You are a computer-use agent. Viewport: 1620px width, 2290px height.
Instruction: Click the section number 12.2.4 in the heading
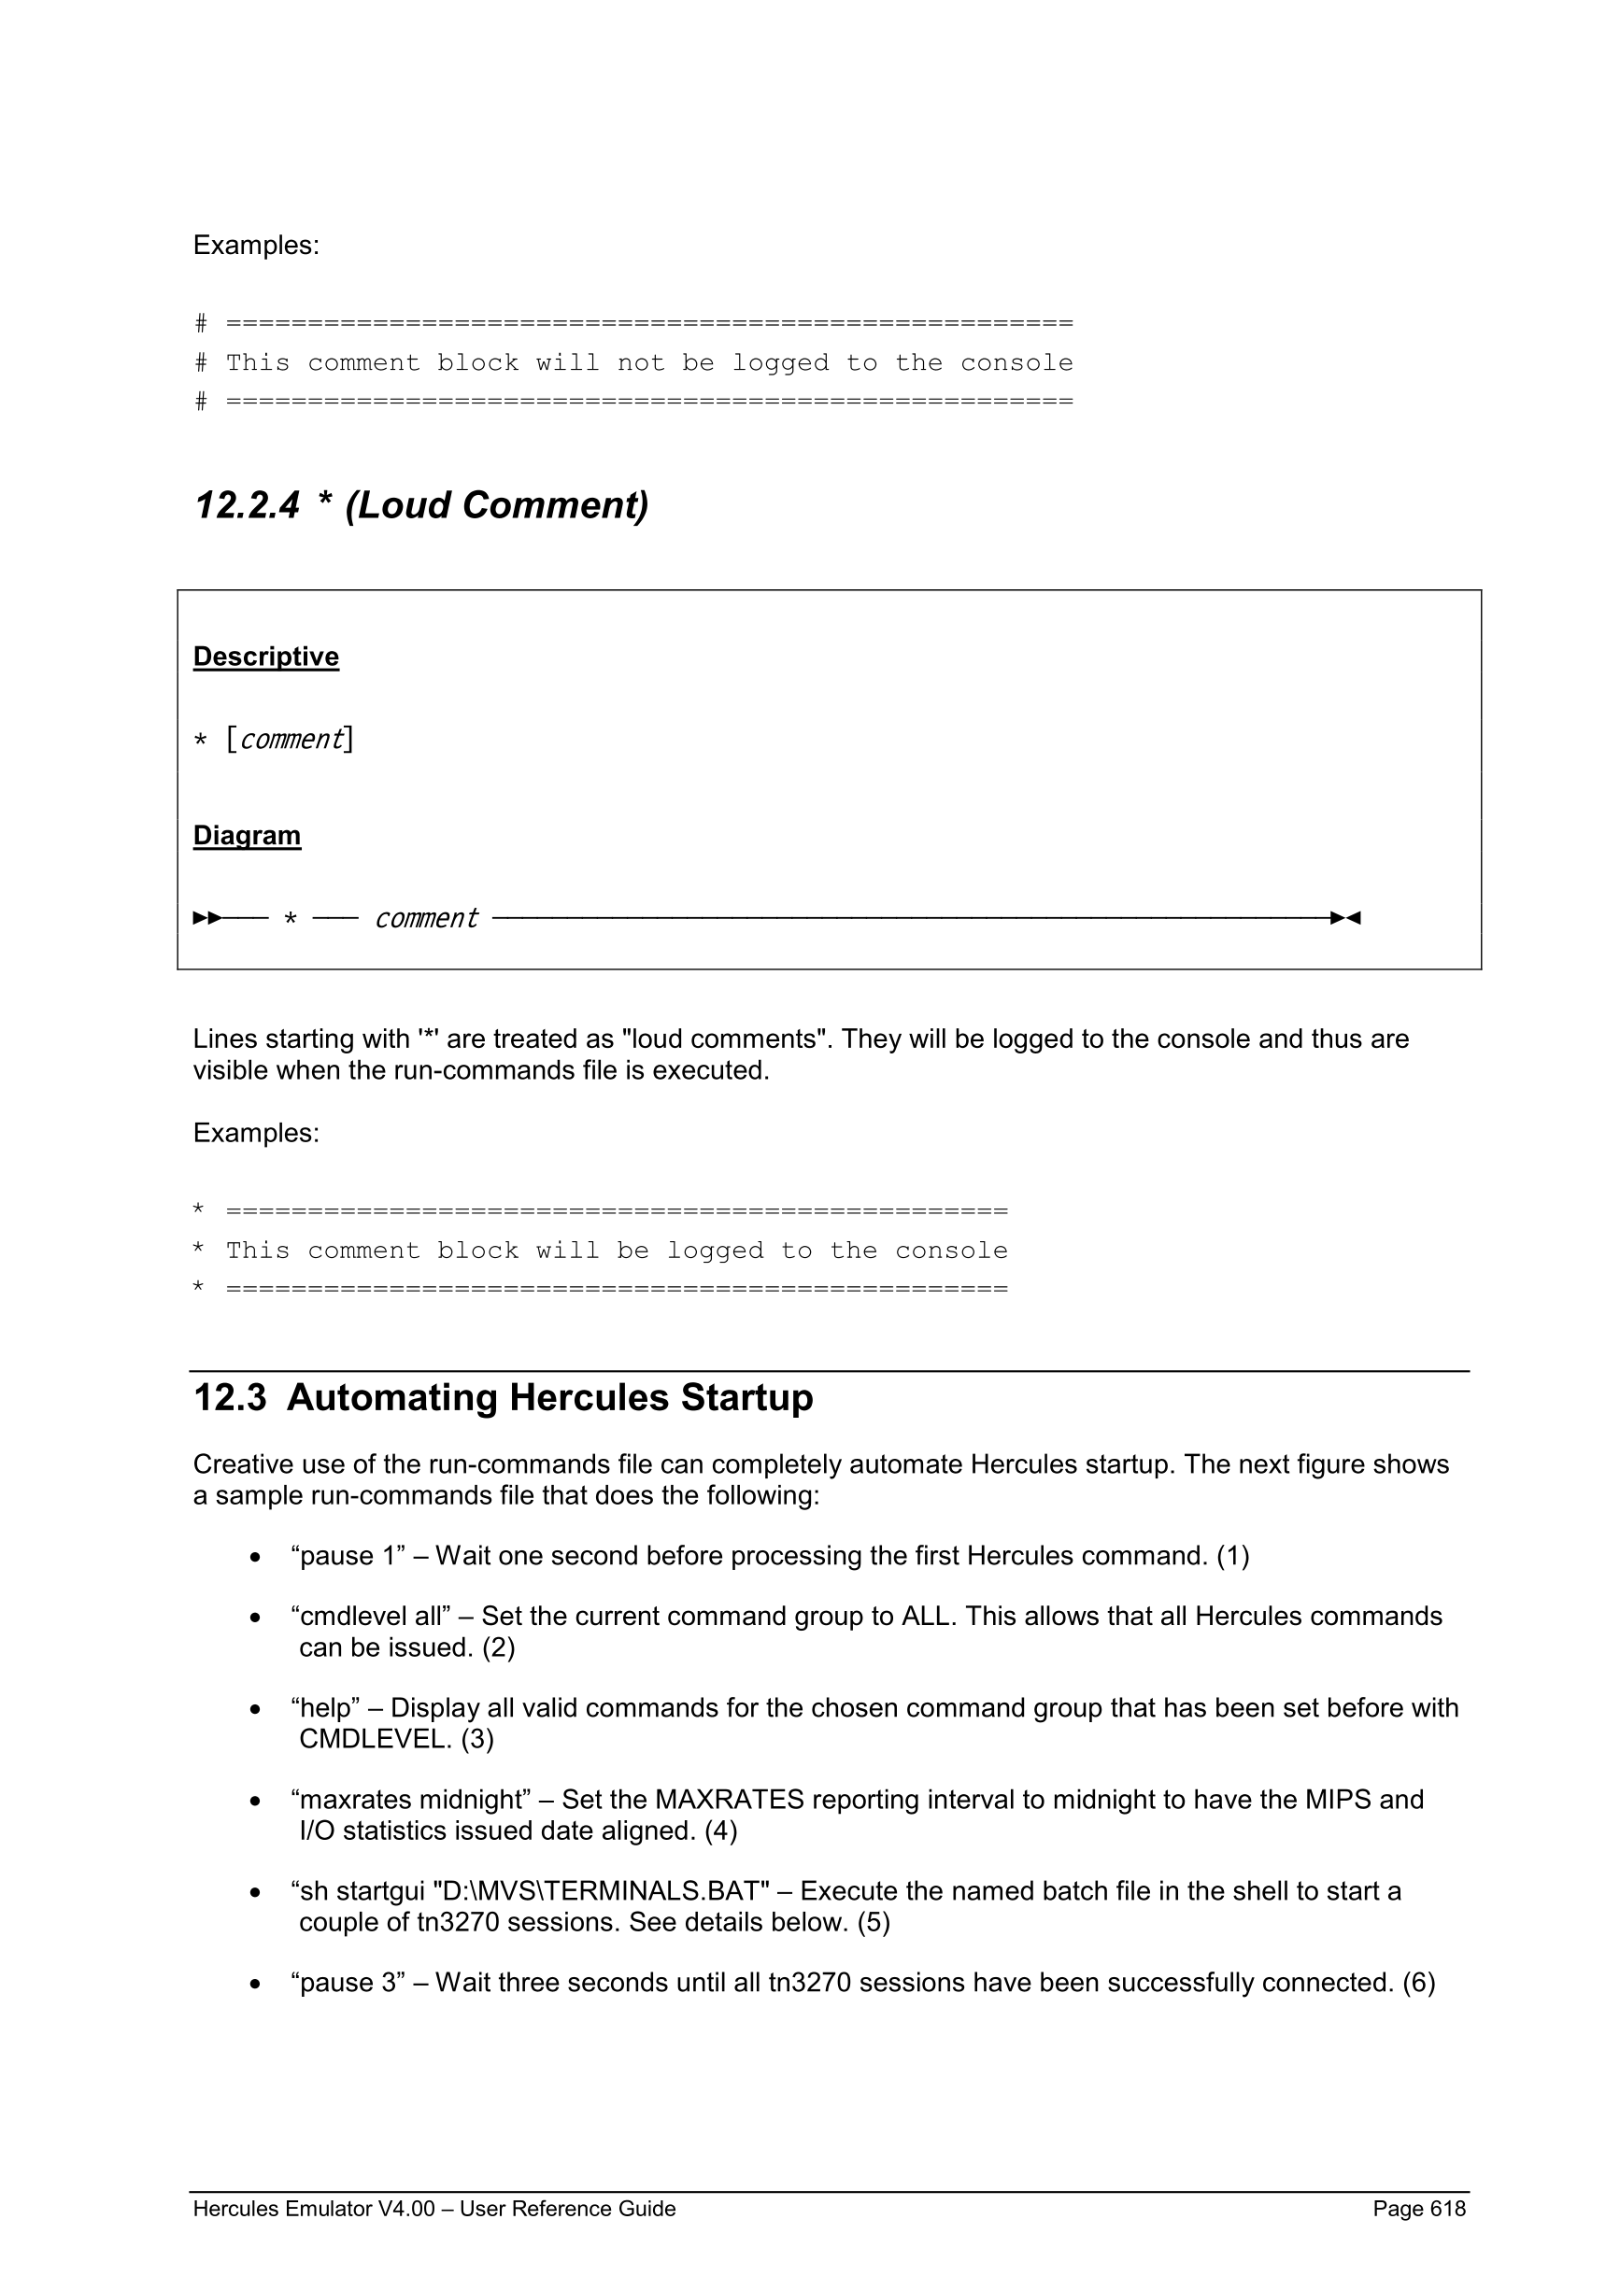click(246, 505)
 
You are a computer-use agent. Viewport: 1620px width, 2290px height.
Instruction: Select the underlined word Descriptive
click(265, 657)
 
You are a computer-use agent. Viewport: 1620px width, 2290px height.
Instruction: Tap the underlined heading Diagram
click(247, 835)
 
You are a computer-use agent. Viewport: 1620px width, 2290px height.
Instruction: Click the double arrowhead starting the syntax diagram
click(207, 918)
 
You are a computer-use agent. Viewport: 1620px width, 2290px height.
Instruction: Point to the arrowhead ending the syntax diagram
click(1345, 918)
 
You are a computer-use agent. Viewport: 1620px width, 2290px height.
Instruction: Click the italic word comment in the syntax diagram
click(426, 918)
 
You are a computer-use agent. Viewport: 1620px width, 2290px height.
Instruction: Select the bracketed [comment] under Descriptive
click(290, 739)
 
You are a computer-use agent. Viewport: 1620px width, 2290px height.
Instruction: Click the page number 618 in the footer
click(1447, 2208)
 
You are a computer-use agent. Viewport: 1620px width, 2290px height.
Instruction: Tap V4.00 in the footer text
click(406, 2208)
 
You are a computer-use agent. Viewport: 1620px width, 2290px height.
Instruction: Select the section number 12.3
click(230, 1397)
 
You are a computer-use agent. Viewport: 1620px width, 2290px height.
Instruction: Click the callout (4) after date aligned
click(720, 1831)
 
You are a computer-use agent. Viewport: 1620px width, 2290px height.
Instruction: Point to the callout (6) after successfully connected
click(1418, 1982)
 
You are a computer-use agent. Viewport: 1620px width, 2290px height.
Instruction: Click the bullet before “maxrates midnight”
click(256, 1802)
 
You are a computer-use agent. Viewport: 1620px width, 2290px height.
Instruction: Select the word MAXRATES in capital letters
click(730, 1800)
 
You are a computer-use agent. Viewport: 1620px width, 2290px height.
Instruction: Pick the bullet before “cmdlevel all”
click(256, 1618)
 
